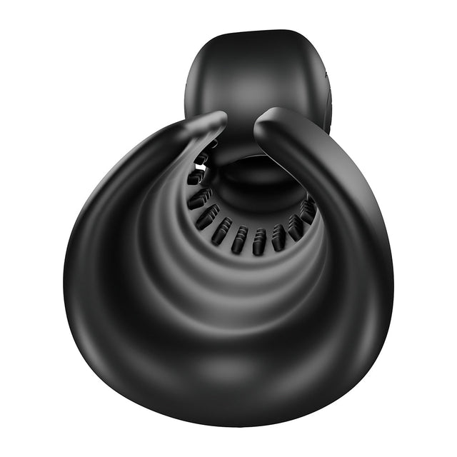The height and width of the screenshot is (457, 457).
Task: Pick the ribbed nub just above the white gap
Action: pyautogui.click(x=202, y=157)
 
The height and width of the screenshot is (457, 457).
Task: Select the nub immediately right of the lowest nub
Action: pyautogui.click(x=278, y=236)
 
